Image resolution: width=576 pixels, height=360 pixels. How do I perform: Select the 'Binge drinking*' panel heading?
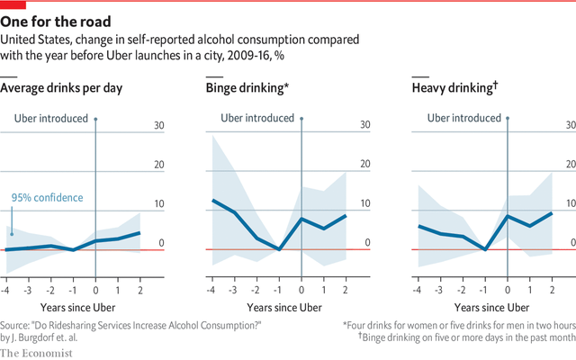click(247, 88)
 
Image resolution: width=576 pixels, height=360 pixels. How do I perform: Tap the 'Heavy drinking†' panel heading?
click(455, 88)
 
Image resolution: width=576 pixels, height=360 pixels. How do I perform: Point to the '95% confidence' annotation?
click(47, 198)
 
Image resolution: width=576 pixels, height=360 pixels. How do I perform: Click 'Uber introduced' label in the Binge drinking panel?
click(258, 118)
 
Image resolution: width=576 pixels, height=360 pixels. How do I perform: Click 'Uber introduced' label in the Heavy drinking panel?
click(464, 118)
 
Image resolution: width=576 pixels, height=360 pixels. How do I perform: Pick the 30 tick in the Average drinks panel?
click(158, 125)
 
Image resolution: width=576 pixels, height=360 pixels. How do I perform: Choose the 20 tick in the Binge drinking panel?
click(365, 165)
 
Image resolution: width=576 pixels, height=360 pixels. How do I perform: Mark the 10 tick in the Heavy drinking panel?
click(571, 203)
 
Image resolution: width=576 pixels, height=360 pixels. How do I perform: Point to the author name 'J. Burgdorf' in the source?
click(40, 337)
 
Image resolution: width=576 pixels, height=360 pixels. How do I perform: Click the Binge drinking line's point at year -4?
click(213, 201)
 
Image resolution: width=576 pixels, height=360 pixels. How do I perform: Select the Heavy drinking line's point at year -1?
click(485, 248)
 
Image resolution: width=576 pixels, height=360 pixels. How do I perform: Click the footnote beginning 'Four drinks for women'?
click(460, 325)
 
